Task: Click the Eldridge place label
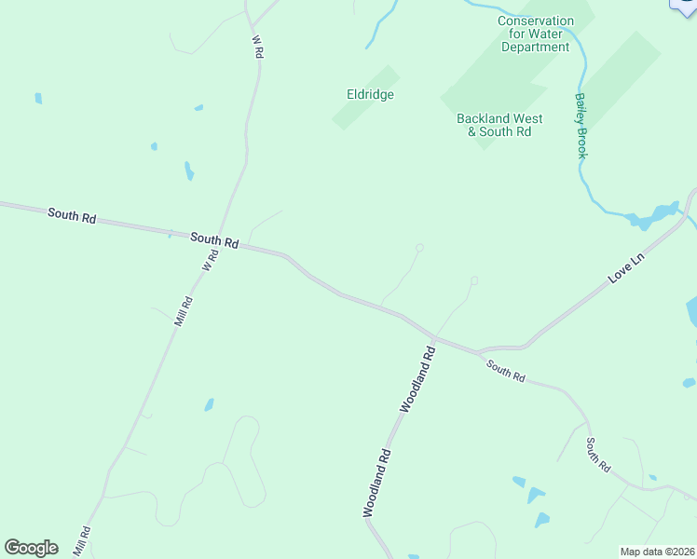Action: point(371,94)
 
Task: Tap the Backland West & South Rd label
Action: point(499,125)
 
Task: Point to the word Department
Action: point(535,47)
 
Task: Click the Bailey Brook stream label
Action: point(581,125)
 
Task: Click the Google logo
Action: point(31,548)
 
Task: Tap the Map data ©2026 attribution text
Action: point(657,552)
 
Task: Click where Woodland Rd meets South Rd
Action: point(434,335)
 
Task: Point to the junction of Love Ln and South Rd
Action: point(479,352)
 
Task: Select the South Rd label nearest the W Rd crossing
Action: point(214,239)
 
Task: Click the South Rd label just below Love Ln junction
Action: point(505,371)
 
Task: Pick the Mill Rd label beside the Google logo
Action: point(81,541)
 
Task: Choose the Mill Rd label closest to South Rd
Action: point(183,310)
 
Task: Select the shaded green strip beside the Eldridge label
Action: point(366,97)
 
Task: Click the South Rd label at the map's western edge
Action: point(72,216)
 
